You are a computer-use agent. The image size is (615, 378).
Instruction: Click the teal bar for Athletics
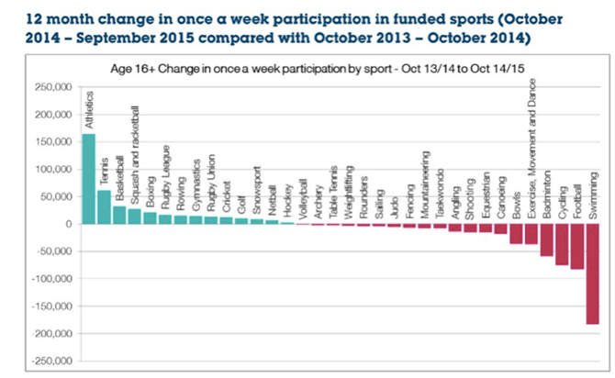pyautogui.click(x=89, y=179)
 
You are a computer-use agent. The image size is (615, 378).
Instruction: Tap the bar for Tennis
pyautogui.click(x=104, y=206)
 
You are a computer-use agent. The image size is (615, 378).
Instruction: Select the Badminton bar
pyautogui.click(x=547, y=239)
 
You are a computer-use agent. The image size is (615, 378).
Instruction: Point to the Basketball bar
pyautogui.click(x=119, y=215)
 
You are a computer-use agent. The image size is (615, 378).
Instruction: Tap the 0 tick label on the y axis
pyautogui.click(x=67, y=224)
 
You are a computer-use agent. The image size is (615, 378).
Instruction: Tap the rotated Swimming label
pyautogui.click(x=593, y=195)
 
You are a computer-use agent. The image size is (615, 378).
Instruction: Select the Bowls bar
pyautogui.click(x=517, y=234)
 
